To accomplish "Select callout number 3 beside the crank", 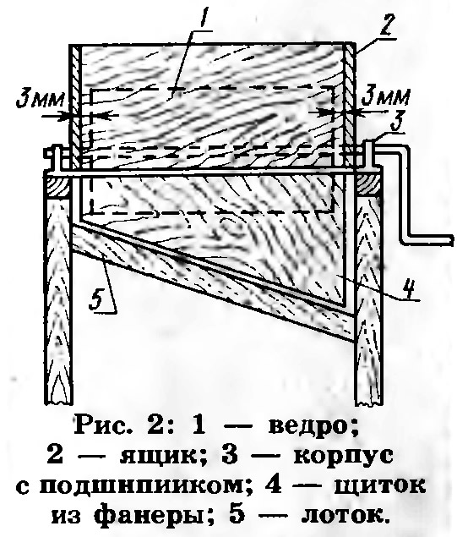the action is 397,121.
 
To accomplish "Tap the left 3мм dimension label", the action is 41,100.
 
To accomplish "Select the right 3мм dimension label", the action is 385,97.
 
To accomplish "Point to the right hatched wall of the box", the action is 350,107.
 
